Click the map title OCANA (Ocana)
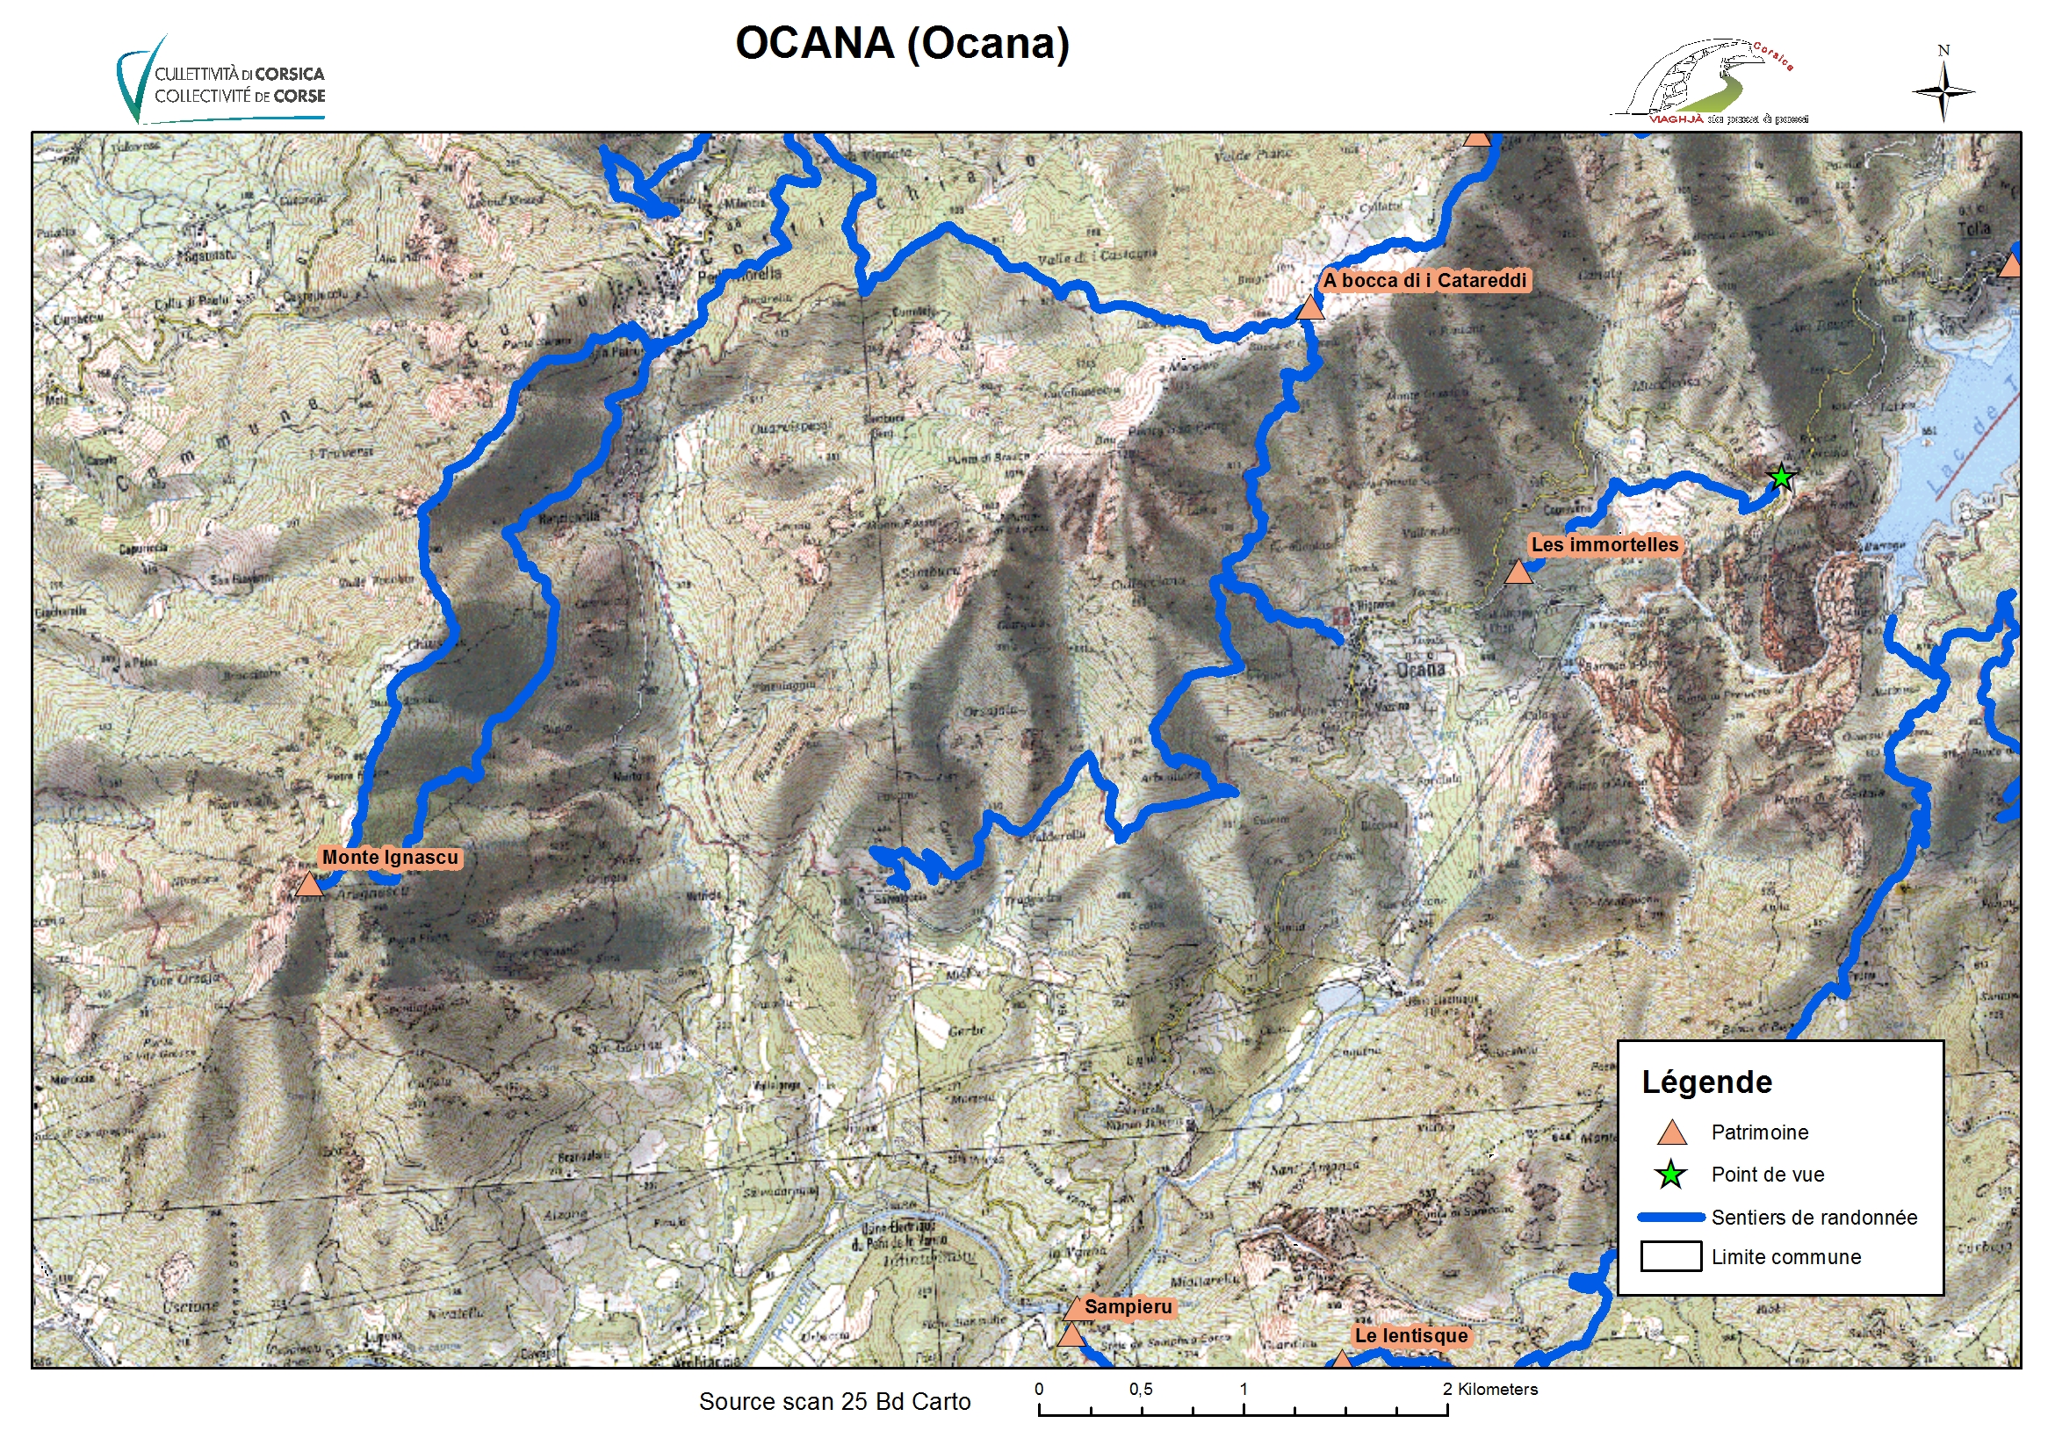pyautogui.click(x=901, y=44)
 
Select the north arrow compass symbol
pyautogui.click(x=1943, y=88)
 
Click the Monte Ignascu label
pyautogui.click(x=389, y=857)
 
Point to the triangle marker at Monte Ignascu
pyautogui.click(x=309, y=885)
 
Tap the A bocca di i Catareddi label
pyautogui.click(x=1425, y=280)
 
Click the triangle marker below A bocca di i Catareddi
pyautogui.click(x=1310, y=308)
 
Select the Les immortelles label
pyautogui.click(x=1604, y=544)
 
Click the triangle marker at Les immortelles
pyautogui.click(x=1518, y=572)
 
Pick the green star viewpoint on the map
pyautogui.click(x=1781, y=477)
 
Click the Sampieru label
pyautogui.click(x=1128, y=1306)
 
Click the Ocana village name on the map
pyautogui.click(x=1421, y=669)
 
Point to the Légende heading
pyautogui.click(x=1706, y=1082)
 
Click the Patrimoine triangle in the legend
pyautogui.click(x=1672, y=1133)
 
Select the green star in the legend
pyautogui.click(x=1671, y=1175)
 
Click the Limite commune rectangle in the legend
pyautogui.click(x=1671, y=1256)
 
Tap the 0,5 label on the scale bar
pyautogui.click(x=1140, y=1390)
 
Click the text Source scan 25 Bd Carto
pyautogui.click(x=834, y=1401)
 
